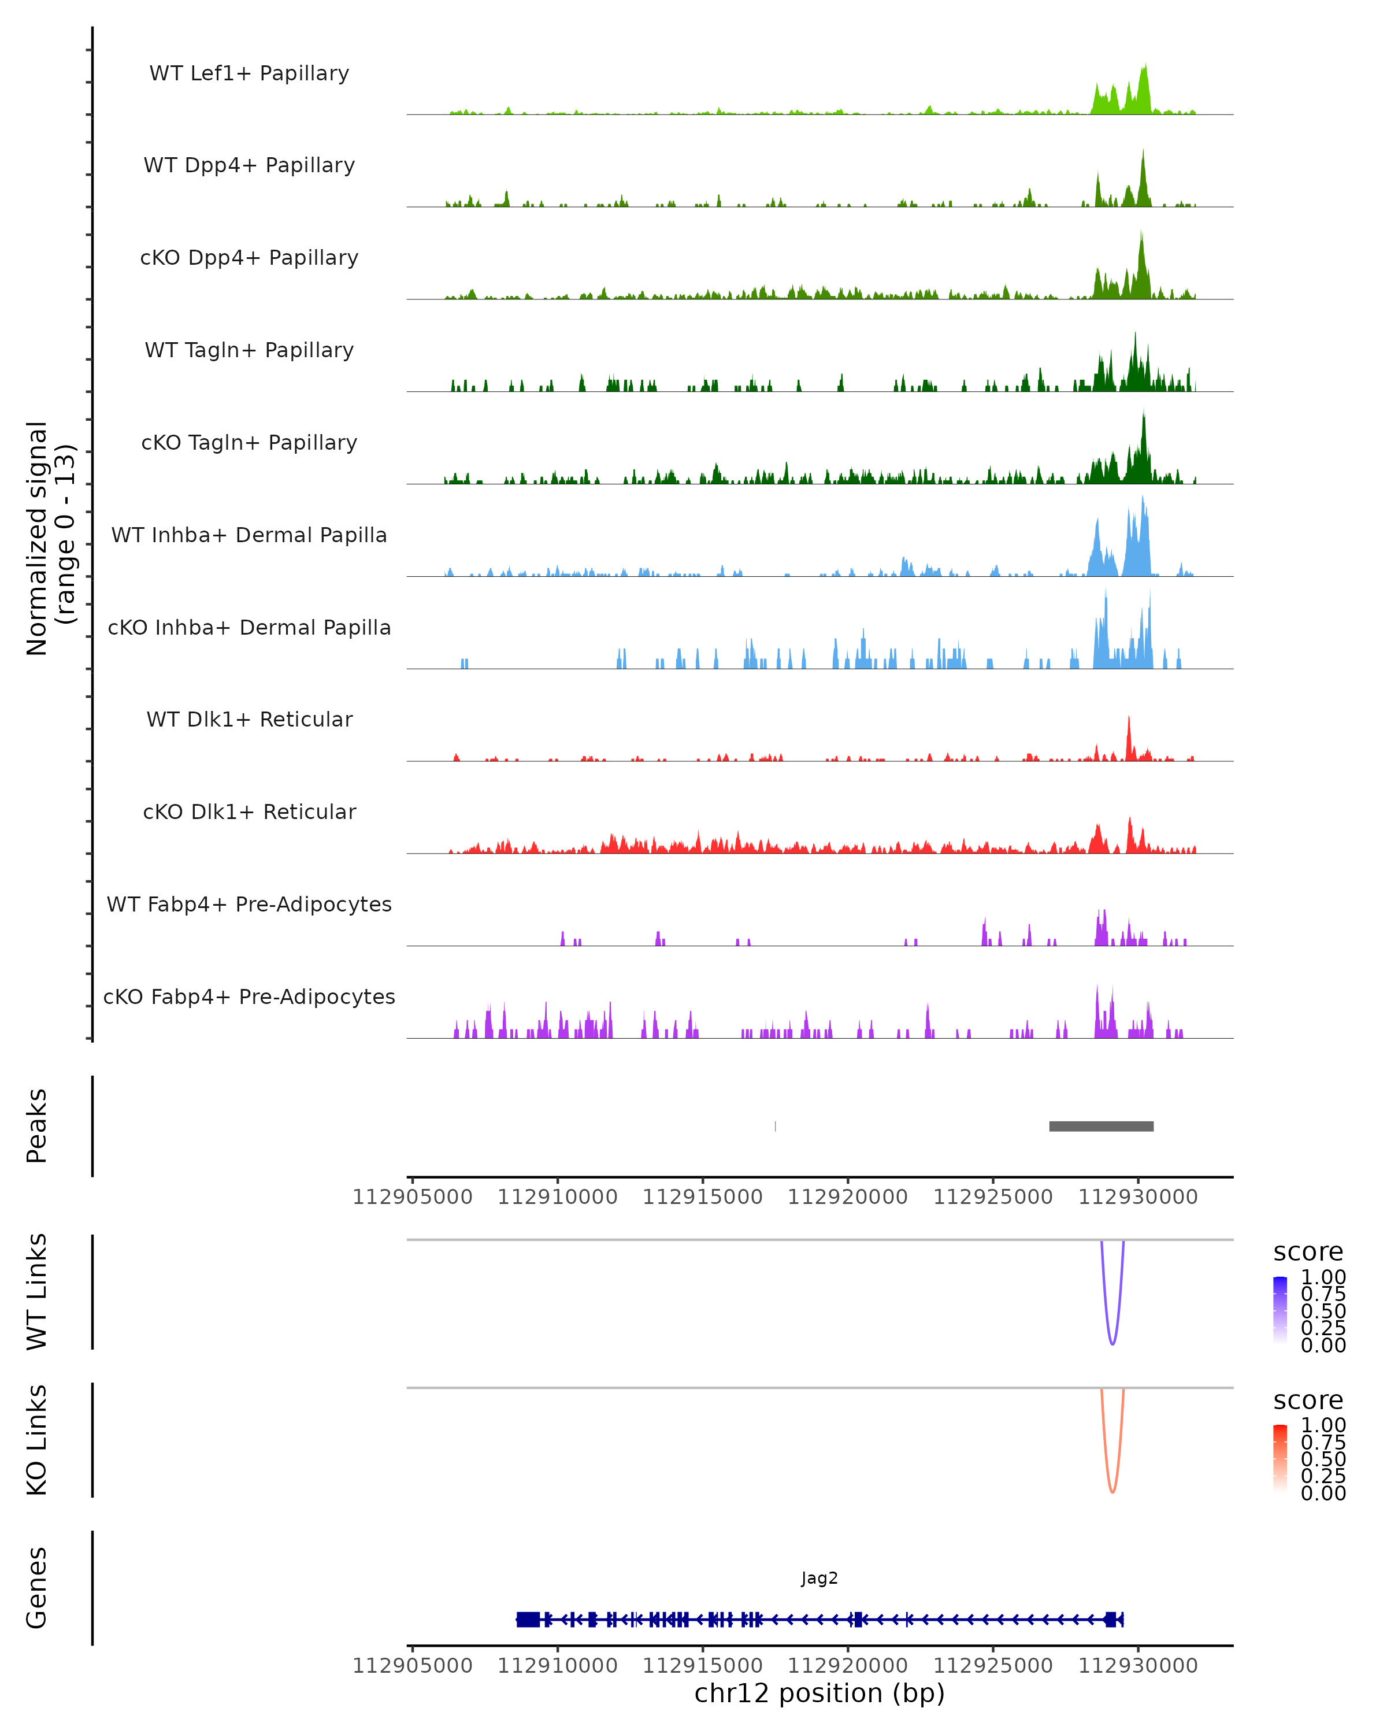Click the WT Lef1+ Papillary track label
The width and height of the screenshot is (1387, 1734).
point(249,73)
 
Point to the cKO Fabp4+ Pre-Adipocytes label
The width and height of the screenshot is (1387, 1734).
point(249,996)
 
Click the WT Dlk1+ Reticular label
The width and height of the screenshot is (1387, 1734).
point(249,719)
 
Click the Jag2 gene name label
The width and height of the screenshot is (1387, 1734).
point(819,1578)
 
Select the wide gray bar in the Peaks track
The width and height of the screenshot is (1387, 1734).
point(1101,1126)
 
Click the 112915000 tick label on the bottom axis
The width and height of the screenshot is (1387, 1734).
point(702,1665)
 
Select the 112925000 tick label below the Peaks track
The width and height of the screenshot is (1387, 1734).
point(992,1197)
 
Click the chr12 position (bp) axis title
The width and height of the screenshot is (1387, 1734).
point(819,1693)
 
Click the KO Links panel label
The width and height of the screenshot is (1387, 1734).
point(37,1440)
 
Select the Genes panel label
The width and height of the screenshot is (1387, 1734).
point(37,1588)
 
